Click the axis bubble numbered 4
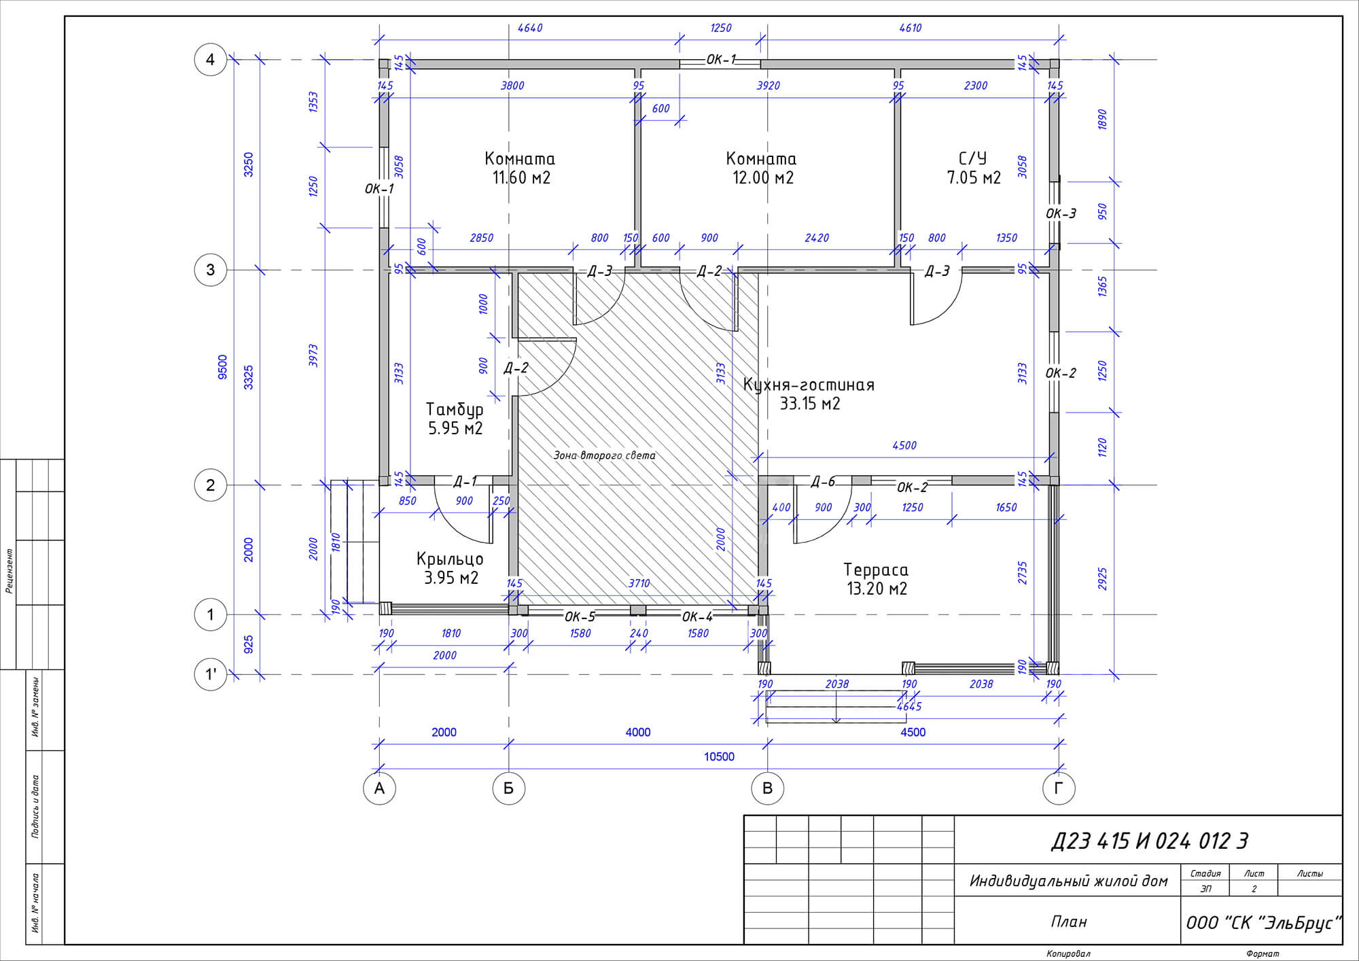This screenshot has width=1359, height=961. (211, 60)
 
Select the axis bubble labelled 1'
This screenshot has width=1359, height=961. (211, 675)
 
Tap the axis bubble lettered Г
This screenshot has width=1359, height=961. (1059, 788)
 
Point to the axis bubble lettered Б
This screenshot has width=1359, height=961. (508, 788)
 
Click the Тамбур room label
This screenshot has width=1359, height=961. (455, 410)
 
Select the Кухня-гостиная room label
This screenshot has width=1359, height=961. (809, 385)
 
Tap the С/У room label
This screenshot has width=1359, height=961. (972, 158)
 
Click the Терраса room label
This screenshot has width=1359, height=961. (876, 570)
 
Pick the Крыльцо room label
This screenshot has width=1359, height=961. (450, 559)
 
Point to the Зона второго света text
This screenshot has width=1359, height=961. (604, 455)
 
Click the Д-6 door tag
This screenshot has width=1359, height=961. (823, 482)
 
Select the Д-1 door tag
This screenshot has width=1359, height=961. (465, 482)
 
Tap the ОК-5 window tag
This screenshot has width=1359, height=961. (580, 616)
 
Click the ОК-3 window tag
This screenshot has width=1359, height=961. (1061, 213)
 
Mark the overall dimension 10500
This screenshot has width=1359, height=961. (719, 756)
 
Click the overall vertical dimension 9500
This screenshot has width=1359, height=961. (223, 367)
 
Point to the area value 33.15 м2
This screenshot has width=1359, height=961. (809, 404)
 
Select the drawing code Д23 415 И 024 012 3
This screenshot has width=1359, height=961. (1150, 841)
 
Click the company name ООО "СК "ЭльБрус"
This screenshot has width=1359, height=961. (1263, 923)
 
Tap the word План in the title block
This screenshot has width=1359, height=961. (1069, 922)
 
